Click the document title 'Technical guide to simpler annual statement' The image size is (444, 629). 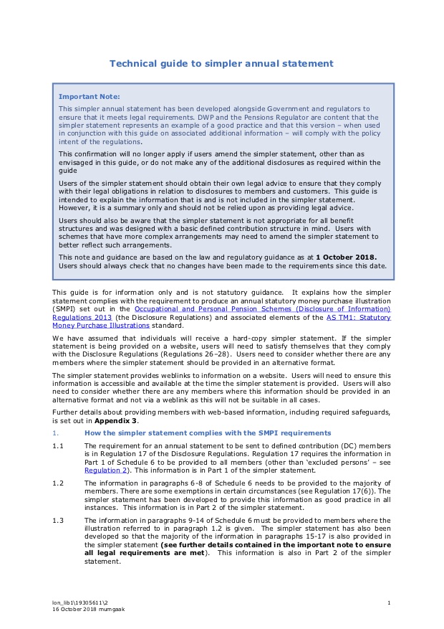[221, 64]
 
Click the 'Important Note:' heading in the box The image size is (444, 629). [90, 96]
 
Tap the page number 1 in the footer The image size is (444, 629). [388, 602]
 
